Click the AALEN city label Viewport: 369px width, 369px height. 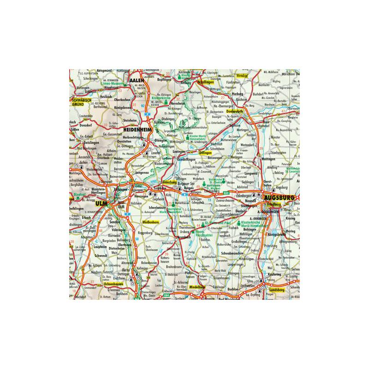point(137,80)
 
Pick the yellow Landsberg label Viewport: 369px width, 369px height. point(274,290)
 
